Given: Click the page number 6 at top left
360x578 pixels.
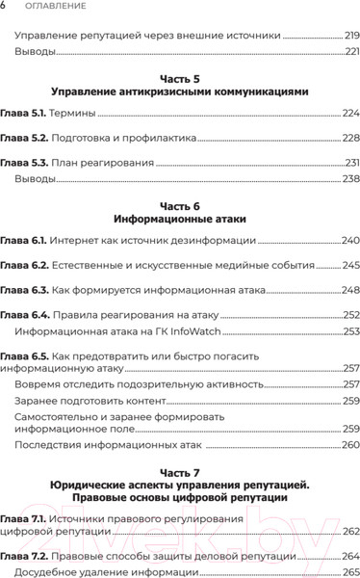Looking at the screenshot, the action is click(x=4, y=7).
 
